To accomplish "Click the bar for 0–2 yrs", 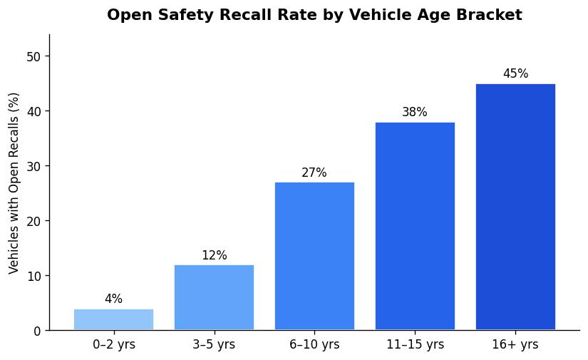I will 113,319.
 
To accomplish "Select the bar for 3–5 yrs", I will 214,297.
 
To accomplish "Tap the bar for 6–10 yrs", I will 314,256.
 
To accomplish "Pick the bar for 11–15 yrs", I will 415,226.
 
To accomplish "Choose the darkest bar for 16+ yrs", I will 515,207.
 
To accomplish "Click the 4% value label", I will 113,299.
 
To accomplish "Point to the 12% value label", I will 214,255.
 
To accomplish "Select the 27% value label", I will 314,173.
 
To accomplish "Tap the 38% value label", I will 415,113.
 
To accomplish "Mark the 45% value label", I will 515,74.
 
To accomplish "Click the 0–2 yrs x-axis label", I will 113,345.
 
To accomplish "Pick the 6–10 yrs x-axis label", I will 314,345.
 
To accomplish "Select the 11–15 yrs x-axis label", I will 415,345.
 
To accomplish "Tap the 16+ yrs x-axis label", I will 515,345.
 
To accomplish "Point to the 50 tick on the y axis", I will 33,56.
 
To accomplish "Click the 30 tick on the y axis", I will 33,166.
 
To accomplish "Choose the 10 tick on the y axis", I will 33,276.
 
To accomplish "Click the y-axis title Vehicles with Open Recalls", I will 14,182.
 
